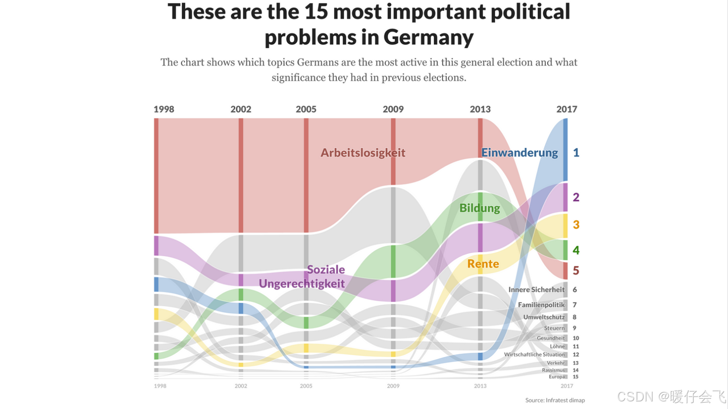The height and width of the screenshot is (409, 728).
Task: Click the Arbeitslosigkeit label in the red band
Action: (363, 153)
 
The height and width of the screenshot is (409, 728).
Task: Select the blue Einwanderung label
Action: (519, 153)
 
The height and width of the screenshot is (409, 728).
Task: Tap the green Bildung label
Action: (479, 208)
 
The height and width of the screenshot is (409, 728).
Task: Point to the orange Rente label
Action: (483, 264)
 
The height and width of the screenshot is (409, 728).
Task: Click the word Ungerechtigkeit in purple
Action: (302, 284)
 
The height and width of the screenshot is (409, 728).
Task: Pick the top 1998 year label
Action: (164, 109)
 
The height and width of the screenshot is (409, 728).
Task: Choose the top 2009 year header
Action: (393, 109)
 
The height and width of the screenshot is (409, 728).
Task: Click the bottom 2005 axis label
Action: (306, 386)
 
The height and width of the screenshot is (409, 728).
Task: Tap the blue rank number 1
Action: (576, 153)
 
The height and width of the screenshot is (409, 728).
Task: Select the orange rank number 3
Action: (576, 225)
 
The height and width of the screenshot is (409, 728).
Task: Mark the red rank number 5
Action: (576, 270)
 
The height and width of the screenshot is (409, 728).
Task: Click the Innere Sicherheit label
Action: (536, 290)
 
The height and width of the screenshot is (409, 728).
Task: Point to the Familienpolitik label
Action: (541, 305)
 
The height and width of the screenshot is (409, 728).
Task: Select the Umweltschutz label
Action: (544, 317)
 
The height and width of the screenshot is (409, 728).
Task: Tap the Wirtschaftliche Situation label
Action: (534, 355)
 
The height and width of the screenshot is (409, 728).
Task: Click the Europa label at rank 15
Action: (556, 377)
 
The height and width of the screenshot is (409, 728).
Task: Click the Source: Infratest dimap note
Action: (555, 400)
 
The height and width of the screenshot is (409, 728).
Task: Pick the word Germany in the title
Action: (428, 37)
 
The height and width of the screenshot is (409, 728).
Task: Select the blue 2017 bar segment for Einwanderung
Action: (565, 149)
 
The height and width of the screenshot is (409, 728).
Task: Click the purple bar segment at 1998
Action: (156, 245)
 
